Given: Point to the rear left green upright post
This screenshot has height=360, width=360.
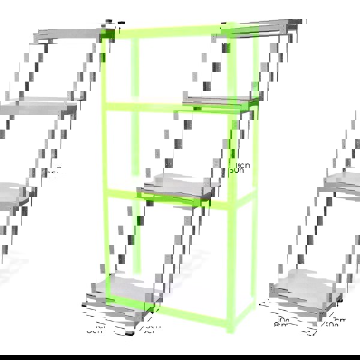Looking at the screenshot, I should pos(135,150).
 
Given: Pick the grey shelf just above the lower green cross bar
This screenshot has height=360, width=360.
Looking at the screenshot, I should pos(180,183).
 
